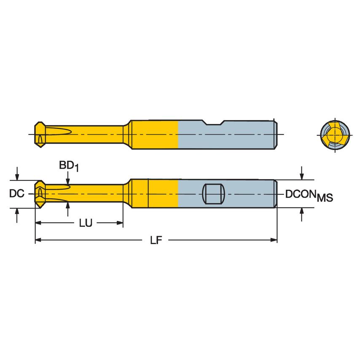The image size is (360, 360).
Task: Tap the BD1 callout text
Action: point(68,166)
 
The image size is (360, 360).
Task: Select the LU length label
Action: point(86,223)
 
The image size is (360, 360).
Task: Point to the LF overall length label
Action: point(156,240)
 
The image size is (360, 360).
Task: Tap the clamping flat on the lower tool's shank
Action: point(213,194)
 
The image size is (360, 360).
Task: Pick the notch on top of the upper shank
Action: point(213,123)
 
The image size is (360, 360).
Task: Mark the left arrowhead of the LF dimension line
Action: point(38,240)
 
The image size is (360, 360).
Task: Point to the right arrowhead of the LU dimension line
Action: point(120,223)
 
